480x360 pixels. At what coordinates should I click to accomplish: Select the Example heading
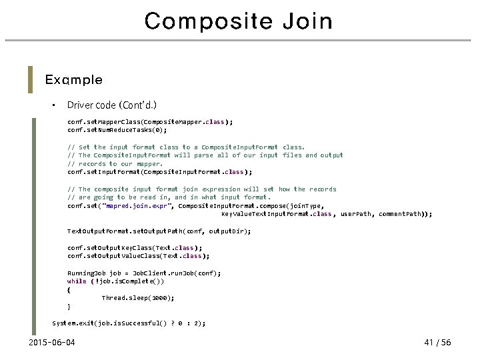[x=73, y=80]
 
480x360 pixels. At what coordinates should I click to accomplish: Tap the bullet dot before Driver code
[x=51, y=106]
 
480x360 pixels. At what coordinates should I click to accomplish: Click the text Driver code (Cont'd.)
[x=112, y=105]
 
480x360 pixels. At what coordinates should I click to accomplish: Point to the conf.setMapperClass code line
[x=150, y=122]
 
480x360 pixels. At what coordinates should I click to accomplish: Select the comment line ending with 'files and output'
[x=205, y=155]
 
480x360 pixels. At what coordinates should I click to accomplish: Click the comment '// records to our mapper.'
[x=115, y=163]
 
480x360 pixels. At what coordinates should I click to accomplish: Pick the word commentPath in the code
[x=404, y=214]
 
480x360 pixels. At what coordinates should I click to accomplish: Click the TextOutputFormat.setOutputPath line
[x=159, y=231]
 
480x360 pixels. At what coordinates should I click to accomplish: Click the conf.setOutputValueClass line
[x=138, y=255]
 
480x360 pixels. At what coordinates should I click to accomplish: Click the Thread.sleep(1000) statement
[x=138, y=298]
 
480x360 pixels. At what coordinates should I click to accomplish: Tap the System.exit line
[x=129, y=323]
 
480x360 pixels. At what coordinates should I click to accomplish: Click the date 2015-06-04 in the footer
[x=53, y=343]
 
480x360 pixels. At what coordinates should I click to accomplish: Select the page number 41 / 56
[x=437, y=343]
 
